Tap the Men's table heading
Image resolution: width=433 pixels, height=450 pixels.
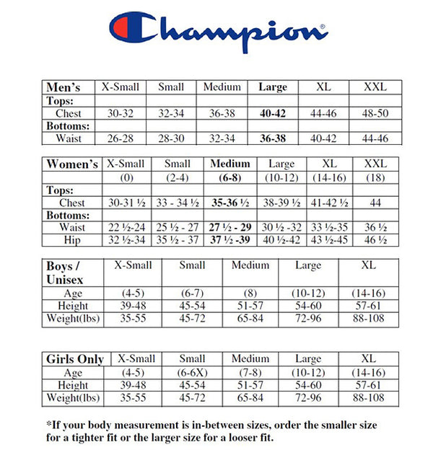(x=64, y=87)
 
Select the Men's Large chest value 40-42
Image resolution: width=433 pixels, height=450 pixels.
(x=273, y=113)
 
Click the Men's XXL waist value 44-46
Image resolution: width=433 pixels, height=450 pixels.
(x=374, y=138)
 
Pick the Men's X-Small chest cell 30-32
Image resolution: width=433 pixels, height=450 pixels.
(x=121, y=113)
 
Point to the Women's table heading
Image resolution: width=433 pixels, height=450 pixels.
(x=72, y=164)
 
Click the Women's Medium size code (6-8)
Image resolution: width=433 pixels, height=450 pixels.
(x=229, y=178)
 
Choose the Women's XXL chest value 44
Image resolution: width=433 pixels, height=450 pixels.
(x=375, y=203)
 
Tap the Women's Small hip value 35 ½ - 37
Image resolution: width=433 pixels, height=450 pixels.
(x=178, y=240)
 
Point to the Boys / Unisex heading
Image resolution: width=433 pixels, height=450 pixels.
(x=66, y=272)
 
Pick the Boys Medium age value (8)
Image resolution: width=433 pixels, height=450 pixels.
(x=250, y=294)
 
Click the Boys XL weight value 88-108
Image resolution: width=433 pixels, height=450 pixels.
(x=369, y=318)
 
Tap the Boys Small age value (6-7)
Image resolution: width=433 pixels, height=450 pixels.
(x=192, y=294)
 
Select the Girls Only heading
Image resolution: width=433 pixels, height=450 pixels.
(x=75, y=358)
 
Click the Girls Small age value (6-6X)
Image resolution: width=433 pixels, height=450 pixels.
(x=192, y=373)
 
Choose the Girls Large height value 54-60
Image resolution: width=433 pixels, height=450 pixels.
(x=308, y=386)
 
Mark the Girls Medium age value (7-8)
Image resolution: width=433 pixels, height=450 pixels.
(x=250, y=373)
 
